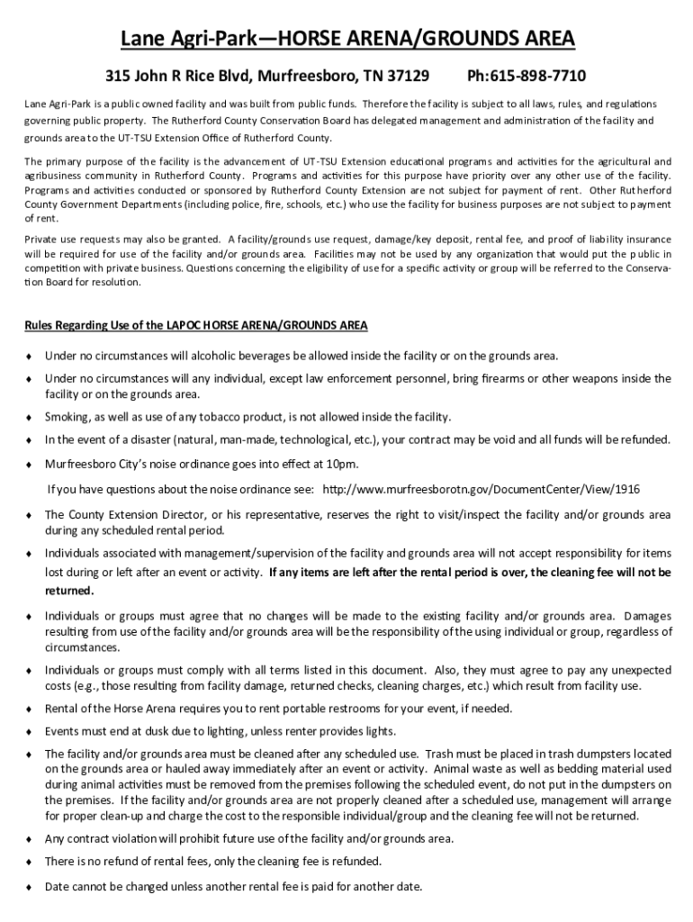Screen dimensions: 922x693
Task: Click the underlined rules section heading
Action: (x=195, y=324)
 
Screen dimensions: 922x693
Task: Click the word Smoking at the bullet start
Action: (x=69, y=417)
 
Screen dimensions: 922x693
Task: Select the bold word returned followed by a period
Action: (x=68, y=591)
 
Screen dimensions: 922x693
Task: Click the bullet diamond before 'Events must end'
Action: (x=30, y=731)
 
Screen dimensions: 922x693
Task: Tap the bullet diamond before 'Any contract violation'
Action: (x=30, y=839)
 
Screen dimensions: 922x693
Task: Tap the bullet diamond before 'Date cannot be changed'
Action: (x=30, y=886)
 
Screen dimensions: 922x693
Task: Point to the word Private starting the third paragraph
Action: (x=43, y=239)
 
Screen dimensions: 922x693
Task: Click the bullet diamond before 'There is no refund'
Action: (x=30, y=862)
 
